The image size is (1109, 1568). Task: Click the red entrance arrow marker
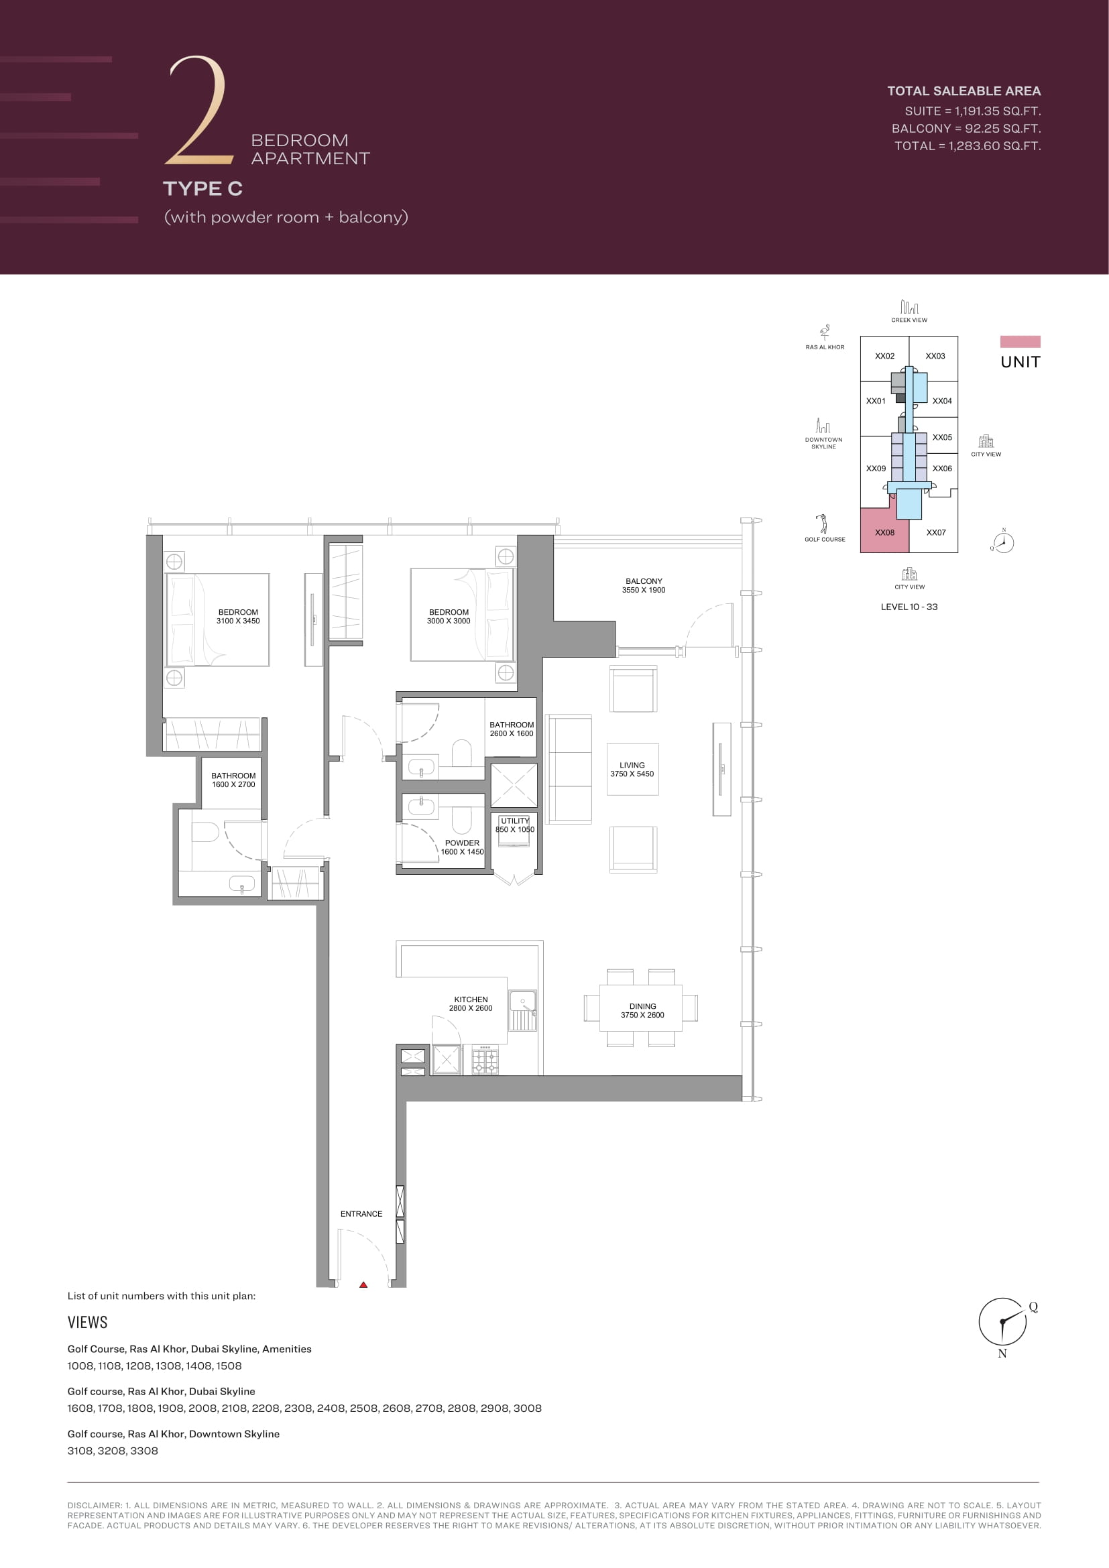coord(363,1284)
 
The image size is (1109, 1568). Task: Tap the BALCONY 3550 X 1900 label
coord(643,585)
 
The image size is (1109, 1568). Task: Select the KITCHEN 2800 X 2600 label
coord(471,1004)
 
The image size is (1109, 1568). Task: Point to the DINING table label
coord(642,1010)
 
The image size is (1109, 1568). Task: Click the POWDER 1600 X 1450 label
coord(463,847)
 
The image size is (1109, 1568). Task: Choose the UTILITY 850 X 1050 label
coord(515,825)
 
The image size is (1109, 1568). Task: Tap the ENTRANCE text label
coord(361,1213)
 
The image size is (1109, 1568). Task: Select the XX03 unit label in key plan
coord(935,356)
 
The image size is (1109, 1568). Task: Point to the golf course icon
coord(823,524)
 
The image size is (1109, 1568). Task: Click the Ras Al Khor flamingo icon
coord(825,333)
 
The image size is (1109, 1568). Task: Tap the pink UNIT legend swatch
coord(1020,341)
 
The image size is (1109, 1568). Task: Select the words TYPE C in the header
coord(202,188)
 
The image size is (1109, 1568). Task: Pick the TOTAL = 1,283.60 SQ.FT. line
coord(968,145)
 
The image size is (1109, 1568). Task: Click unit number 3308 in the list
coord(143,1451)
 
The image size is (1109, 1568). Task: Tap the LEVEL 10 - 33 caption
coord(909,607)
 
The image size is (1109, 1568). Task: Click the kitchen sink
coord(523,1010)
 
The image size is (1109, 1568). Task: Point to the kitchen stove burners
coord(485,1061)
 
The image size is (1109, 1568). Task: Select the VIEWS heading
coord(87,1322)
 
